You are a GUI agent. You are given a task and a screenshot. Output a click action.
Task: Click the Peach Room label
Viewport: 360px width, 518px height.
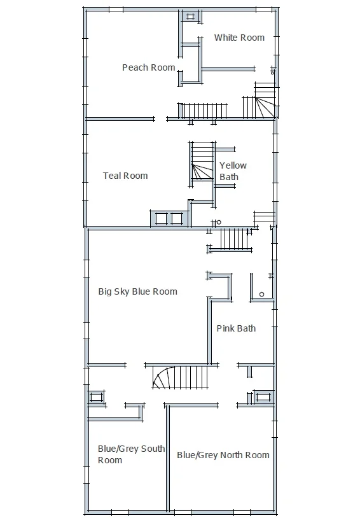pos(149,67)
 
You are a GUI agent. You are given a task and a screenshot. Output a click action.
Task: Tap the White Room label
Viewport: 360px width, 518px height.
pos(239,38)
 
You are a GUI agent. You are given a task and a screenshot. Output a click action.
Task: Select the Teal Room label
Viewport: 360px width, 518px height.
pos(125,176)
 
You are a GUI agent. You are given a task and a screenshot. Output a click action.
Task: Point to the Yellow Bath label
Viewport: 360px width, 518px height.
pos(233,171)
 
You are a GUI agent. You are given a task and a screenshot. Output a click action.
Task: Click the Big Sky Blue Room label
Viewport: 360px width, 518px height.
pos(138,291)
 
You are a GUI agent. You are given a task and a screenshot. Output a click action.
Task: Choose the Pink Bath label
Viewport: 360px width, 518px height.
pos(236,328)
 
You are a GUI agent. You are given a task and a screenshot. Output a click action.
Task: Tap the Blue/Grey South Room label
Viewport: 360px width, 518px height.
pos(132,454)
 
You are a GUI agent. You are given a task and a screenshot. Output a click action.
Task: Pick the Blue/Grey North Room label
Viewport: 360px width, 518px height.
pos(223,455)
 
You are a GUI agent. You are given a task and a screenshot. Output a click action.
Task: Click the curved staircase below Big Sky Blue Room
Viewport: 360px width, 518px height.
pos(181,377)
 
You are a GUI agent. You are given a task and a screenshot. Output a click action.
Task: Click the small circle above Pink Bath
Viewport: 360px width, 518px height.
pos(261,295)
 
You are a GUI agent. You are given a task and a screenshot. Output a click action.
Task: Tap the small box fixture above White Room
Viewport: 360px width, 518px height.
pos(190,16)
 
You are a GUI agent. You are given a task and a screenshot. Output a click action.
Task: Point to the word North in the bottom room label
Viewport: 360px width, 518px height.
pos(232,455)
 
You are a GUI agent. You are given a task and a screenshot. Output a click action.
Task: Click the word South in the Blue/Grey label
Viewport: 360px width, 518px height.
pos(153,449)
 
